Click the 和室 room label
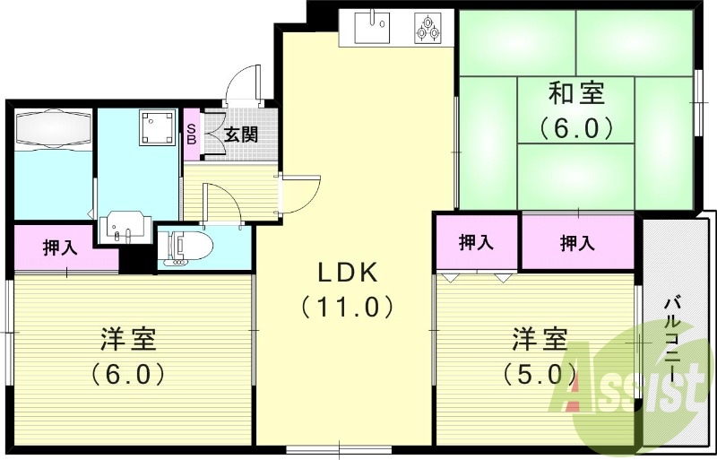click(576, 92)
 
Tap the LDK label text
click(348, 272)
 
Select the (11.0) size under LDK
click(348, 308)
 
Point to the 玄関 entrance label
click(240, 135)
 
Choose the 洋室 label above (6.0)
click(128, 340)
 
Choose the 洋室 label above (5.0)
click(540, 340)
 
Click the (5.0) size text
click(540, 372)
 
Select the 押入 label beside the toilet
click(60, 248)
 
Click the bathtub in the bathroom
click(54, 131)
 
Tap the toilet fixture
click(189, 247)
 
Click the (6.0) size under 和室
click(576, 127)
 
